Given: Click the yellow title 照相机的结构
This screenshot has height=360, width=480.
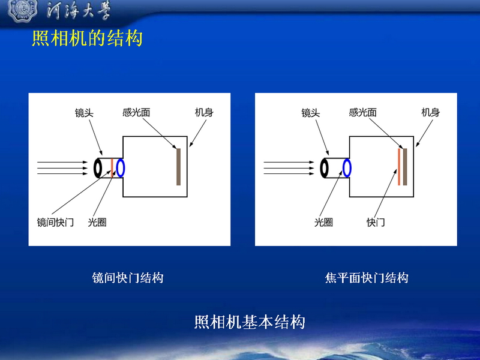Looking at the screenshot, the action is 87,38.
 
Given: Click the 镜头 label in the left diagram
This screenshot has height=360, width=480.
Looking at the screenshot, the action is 84,113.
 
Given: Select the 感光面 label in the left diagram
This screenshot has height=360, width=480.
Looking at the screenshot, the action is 136,113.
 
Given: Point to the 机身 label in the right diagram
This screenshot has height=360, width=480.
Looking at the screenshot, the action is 430,113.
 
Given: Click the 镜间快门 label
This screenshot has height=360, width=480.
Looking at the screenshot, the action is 55,222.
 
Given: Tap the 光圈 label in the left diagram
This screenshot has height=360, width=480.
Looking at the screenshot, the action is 97,222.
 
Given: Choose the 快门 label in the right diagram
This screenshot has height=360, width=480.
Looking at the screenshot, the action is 376,222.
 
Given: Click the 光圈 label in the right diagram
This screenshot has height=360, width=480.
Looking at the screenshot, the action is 323,222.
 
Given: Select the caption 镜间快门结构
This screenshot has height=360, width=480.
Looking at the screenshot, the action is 128,278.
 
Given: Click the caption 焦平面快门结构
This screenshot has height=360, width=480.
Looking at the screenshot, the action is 367,278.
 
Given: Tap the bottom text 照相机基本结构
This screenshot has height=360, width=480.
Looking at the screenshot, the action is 250,322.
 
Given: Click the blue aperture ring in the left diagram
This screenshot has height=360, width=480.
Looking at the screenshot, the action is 116,168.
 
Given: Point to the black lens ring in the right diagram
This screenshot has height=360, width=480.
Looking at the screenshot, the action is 320,168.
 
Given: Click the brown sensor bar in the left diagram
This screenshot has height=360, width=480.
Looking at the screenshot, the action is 178,167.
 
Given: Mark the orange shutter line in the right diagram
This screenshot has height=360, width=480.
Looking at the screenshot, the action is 399,167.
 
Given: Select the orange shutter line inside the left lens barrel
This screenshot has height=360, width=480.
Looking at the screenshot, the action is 112,168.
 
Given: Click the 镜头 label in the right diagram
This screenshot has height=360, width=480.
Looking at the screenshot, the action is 310,113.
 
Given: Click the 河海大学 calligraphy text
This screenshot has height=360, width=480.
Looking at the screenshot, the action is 79,11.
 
